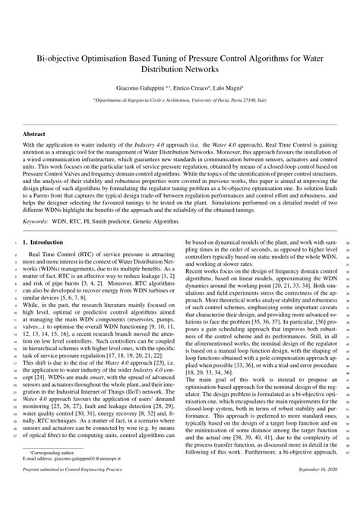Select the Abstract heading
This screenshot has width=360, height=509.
(x=35, y=132)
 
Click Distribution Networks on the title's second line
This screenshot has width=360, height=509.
(x=180, y=68)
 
